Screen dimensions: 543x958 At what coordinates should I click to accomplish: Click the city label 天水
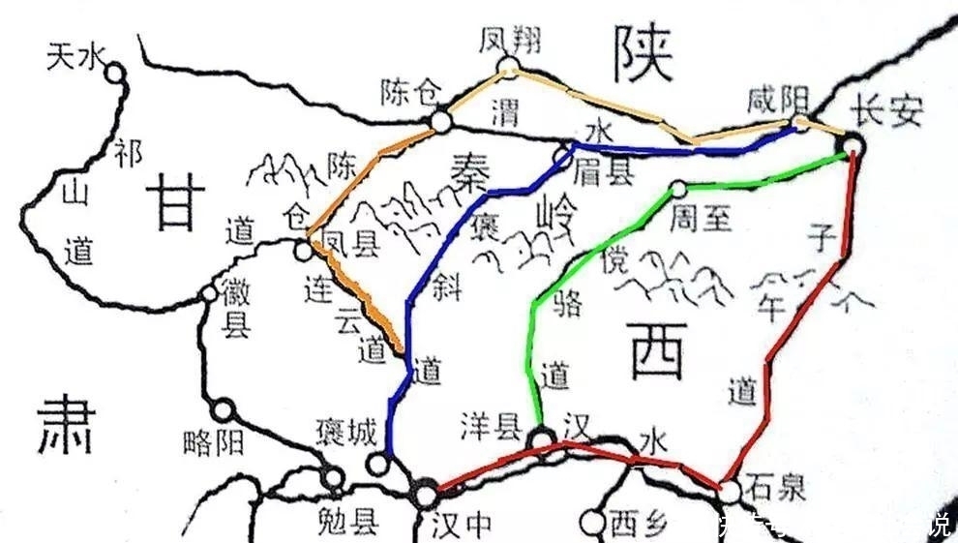[x=74, y=58]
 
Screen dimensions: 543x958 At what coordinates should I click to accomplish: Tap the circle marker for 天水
[x=115, y=72]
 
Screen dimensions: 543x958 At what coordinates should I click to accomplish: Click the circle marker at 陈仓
[x=441, y=121]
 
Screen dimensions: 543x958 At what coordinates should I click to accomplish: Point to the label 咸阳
[x=777, y=100]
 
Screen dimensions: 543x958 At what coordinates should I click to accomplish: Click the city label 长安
[x=885, y=111]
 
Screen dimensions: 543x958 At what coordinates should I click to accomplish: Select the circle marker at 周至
[x=678, y=188]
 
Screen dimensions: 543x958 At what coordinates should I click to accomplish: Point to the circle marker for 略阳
[x=225, y=410]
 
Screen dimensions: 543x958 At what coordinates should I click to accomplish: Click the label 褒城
[x=345, y=433]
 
